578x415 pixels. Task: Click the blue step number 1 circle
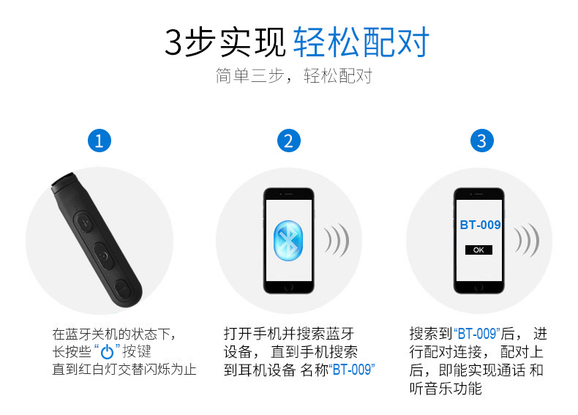[100, 141]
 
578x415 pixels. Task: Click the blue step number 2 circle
[288, 141]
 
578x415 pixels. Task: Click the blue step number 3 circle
[482, 141]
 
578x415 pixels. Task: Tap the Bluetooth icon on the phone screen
[288, 241]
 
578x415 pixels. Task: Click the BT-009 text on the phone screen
[480, 225]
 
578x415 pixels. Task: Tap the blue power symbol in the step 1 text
[107, 351]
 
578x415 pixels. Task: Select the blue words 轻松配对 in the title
[361, 42]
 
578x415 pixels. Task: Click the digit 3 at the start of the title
[173, 42]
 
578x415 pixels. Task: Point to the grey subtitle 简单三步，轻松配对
[294, 75]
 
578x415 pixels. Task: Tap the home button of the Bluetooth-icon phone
[288, 287]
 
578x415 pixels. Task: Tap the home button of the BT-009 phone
[478, 287]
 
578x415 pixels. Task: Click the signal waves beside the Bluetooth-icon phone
[336, 240]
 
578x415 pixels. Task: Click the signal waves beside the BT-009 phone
[526, 240]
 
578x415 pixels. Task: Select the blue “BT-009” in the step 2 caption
[352, 370]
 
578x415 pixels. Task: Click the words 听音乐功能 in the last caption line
[446, 389]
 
